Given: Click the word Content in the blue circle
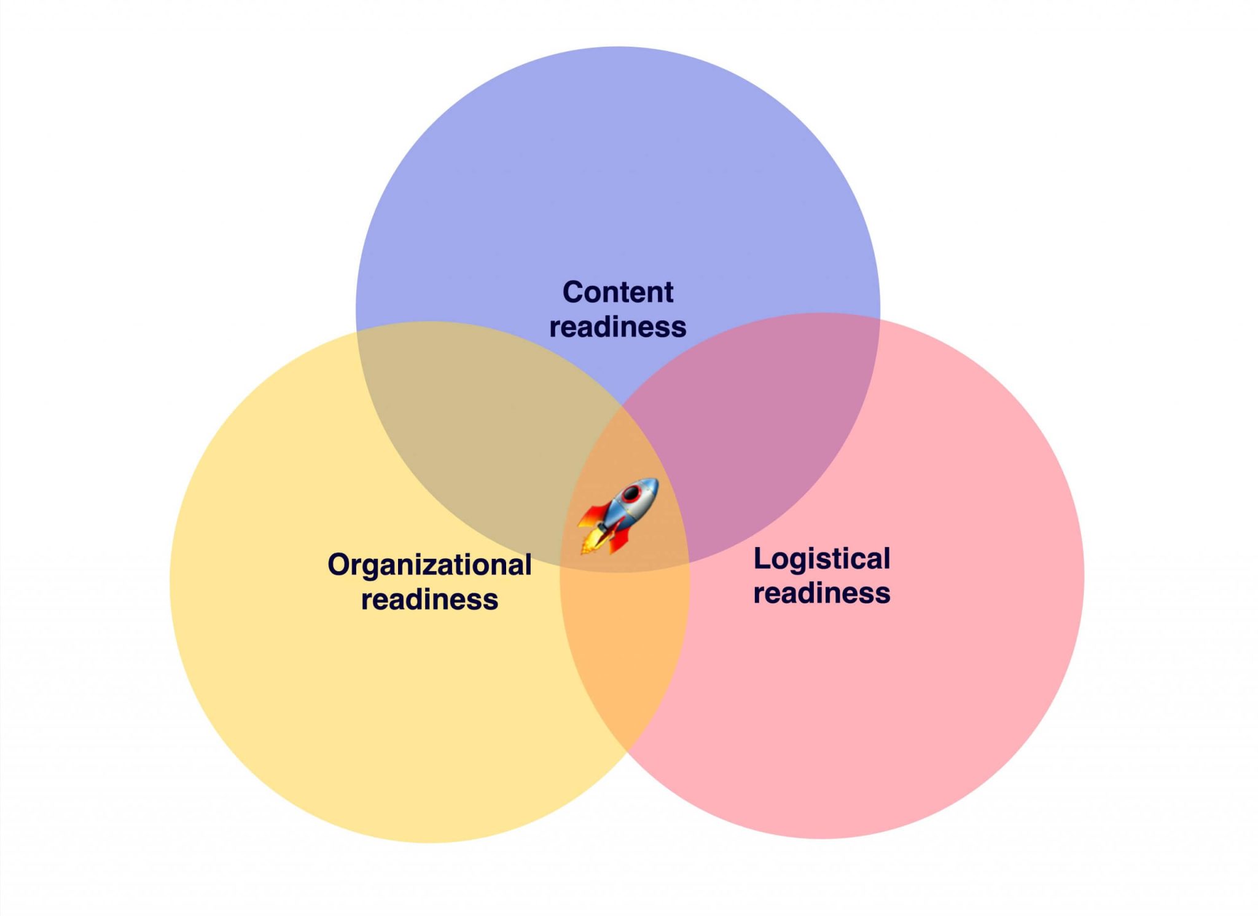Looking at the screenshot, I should point(617,292).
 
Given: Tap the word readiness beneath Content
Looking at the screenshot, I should point(617,327).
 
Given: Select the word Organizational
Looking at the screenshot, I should point(429,565).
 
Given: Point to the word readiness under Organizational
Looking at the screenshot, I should point(429,599).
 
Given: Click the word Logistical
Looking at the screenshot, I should point(821,559).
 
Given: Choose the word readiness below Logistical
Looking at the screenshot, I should point(821,593).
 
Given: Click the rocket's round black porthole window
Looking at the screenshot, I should point(631,494).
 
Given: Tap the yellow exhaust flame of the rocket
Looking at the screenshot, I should point(590,544).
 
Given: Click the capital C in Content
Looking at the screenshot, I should point(573,292).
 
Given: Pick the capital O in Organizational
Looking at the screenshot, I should point(338,565).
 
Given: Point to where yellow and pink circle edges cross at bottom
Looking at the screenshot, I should point(626,752).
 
